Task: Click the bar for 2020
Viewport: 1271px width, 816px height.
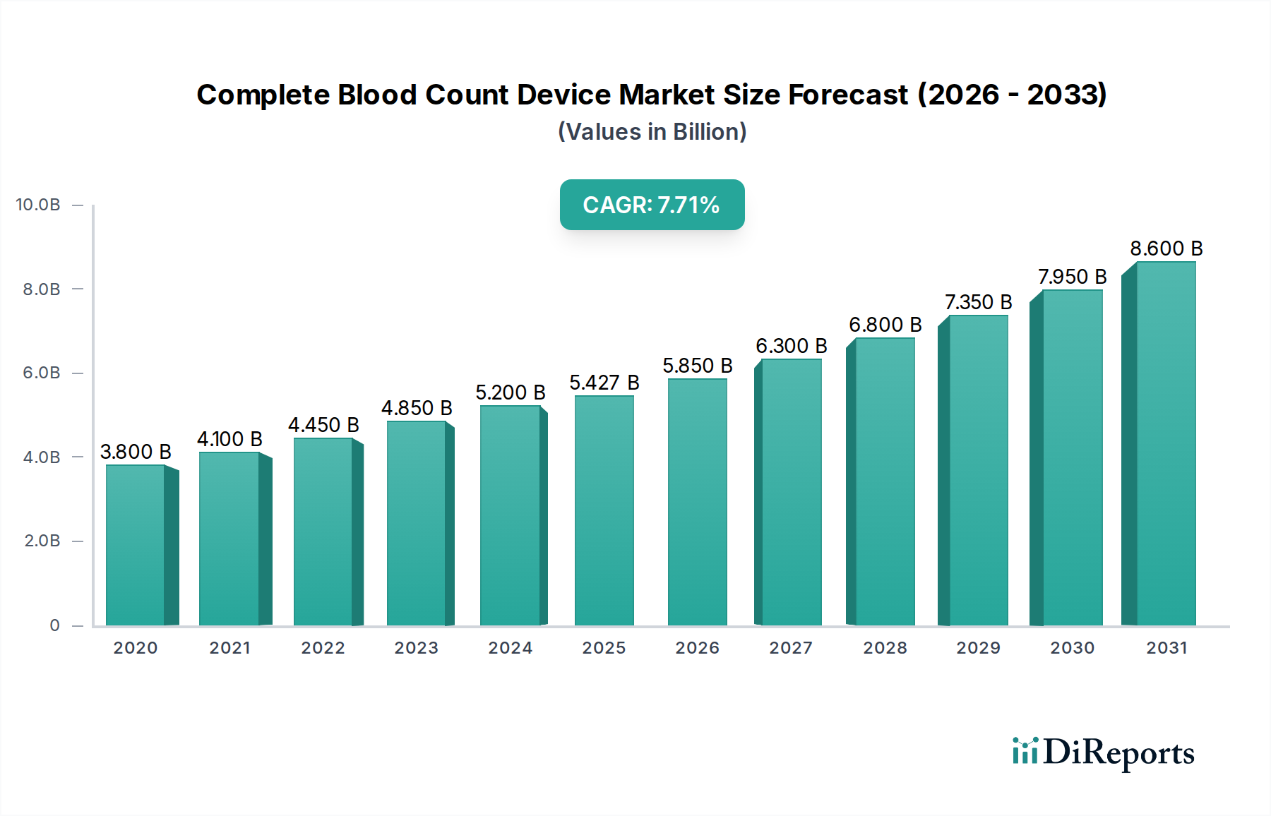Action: [136, 545]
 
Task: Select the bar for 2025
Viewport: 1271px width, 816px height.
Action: [604, 510]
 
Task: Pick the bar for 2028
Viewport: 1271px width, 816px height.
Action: [884, 481]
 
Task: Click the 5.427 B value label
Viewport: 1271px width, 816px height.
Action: [604, 383]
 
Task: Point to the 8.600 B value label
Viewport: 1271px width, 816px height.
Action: [1166, 248]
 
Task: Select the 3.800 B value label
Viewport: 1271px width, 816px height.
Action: [136, 452]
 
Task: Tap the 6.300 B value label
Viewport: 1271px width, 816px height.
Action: [791, 346]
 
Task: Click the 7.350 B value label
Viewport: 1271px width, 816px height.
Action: [978, 302]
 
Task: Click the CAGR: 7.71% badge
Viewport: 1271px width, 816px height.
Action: [652, 205]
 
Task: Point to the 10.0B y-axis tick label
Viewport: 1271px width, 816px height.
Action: [38, 205]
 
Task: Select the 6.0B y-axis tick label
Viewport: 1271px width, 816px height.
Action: [42, 373]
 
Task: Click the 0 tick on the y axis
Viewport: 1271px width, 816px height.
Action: [54, 625]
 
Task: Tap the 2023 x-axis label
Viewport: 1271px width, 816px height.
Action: [416, 648]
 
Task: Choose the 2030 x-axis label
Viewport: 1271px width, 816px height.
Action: [1072, 648]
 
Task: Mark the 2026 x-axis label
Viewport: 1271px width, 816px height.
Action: [697, 648]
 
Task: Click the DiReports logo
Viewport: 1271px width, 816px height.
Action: [1103, 752]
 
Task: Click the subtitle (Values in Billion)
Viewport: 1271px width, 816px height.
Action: [652, 132]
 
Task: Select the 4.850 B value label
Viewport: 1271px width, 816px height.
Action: [417, 408]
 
